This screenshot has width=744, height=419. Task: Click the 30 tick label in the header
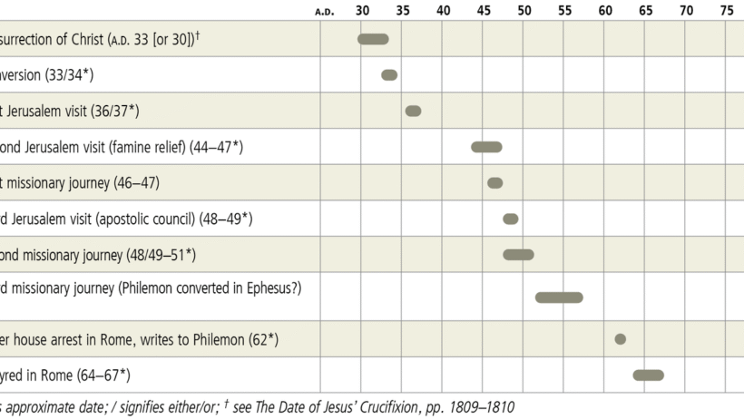click(362, 11)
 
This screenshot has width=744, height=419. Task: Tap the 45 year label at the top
click(484, 11)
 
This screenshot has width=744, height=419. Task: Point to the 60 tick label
click(605, 11)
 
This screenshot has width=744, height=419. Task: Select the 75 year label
click(727, 11)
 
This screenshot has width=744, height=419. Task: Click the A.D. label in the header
click(324, 12)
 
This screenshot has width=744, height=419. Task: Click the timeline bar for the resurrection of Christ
click(373, 39)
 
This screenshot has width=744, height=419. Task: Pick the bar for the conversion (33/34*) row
click(389, 75)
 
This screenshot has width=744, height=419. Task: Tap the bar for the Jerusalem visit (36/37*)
click(413, 111)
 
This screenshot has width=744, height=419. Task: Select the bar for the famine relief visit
click(486, 147)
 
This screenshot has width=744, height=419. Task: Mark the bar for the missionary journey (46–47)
click(494, 183)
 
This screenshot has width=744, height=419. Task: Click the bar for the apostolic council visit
click(511, 219)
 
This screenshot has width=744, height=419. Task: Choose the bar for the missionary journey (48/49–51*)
click(519, 255)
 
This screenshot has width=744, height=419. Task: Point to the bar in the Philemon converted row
click(559, 297)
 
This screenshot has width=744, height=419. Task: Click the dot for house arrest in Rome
click(621, 339)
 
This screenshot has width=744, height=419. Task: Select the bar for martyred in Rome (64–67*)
click(649, 375)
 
